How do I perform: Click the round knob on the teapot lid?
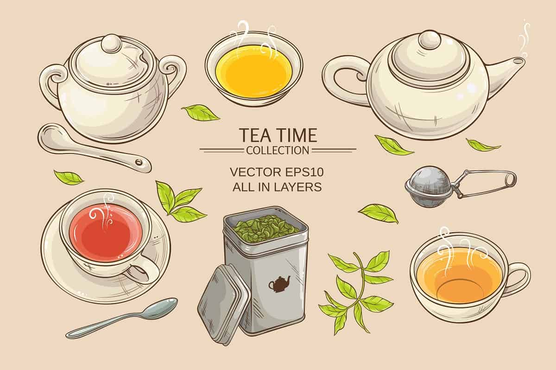click(x=430, y=39)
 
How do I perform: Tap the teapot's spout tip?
click(x=522, y=61)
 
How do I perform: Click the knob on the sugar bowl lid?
click(x=111, y=43)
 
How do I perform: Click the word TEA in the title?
click(x=254, y=135)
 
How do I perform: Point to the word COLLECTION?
click(x=278, y=150)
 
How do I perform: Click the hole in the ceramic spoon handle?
click(x=138, y=162)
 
